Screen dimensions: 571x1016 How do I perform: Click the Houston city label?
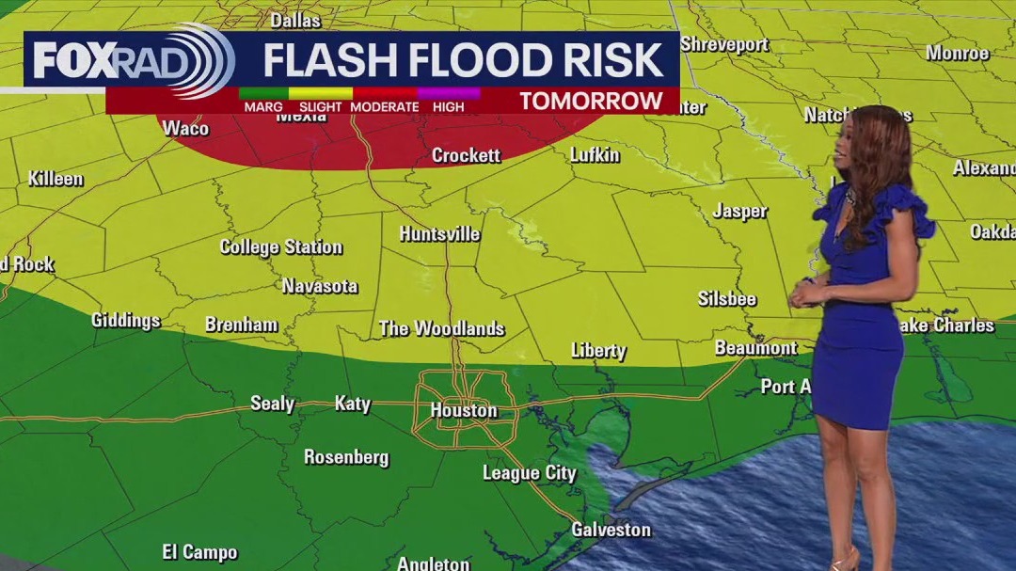[x=463, y=411]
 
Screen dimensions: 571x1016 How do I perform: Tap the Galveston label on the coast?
[x=611, y=530]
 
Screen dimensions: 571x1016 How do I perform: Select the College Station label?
[x=280, y=247]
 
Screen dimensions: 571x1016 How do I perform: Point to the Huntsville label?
[x=439, y=234]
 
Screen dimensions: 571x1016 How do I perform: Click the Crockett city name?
[x=466, y=155]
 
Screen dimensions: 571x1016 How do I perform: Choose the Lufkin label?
[x=595, y=155]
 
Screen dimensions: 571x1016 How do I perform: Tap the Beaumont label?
[x=755, y=348]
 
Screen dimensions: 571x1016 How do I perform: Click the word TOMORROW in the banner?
[x=591, y=102]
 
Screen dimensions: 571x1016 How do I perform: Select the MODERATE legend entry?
[x=384, y=107]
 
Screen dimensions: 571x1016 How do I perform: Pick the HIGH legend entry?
[x=449, y=107]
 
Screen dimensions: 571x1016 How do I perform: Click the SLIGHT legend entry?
[x=320, y=107]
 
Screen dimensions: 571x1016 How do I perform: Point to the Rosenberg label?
[x=346, y=457]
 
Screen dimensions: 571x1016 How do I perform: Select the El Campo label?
[x=199, y=552]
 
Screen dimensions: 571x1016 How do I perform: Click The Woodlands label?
[x=441, y=328]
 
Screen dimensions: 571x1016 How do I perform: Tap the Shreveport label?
[x=723, y=44]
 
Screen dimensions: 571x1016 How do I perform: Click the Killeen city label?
[x=56, y=179]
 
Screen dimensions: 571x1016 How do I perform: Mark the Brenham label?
[x=241, y=325]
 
